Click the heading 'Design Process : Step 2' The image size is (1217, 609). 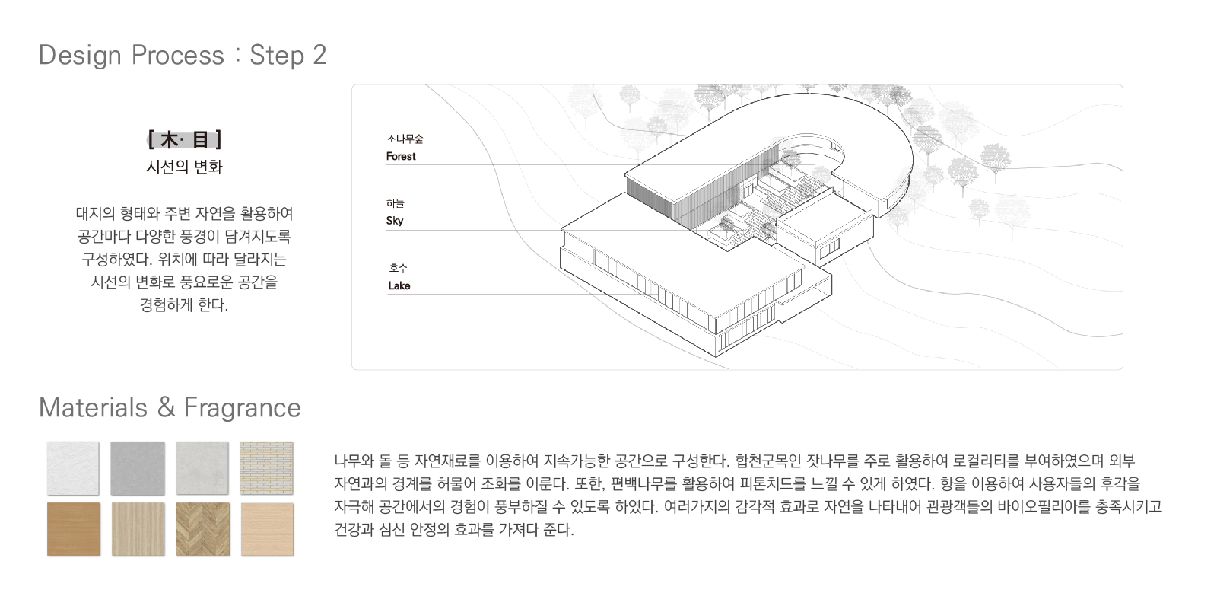183,56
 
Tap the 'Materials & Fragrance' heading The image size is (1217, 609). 170,407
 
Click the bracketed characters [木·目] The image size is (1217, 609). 185,140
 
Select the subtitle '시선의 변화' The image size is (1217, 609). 184,167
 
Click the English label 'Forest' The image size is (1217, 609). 401,157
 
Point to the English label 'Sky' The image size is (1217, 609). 395,221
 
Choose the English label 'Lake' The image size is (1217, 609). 399,286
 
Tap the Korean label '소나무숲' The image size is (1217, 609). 405,139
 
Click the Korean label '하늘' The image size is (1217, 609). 396,203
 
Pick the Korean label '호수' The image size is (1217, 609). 399,268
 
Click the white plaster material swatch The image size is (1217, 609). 73,468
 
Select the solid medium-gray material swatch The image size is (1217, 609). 138,468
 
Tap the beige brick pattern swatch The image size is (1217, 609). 266,468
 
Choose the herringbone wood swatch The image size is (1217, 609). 202,529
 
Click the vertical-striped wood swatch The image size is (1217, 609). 138,529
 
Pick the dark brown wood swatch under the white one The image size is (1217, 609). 73,529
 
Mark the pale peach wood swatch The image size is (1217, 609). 267,529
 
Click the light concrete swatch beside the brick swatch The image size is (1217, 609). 202,468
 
